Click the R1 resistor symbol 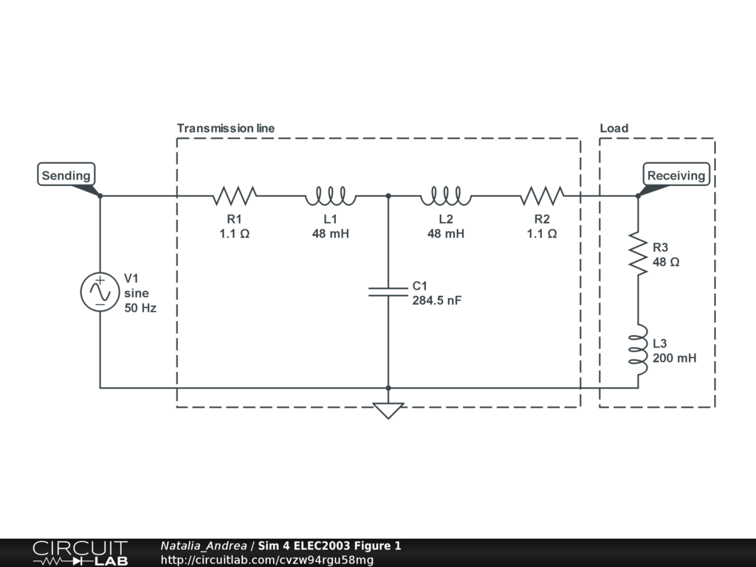coord(234,196)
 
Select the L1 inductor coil coord(330,196)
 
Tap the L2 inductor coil coord(446,196)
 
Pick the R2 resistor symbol coord(542,196)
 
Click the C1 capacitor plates coord(388,292)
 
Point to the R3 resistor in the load coord(638,254)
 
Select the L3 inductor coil coord(638,349)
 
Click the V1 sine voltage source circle coord(100,292)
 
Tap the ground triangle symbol coord(388,410)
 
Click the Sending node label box coord(66,174)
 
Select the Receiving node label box coord(676,174)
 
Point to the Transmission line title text coord(226,128)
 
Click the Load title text coord(614,128)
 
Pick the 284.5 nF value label coord(437,300)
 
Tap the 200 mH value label coord(675,358)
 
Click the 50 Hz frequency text coord(140,308)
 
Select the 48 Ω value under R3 coord(666,262)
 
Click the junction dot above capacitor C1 coord(388,196)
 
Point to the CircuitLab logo coord(80,552)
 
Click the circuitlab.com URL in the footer coord(267,560)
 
